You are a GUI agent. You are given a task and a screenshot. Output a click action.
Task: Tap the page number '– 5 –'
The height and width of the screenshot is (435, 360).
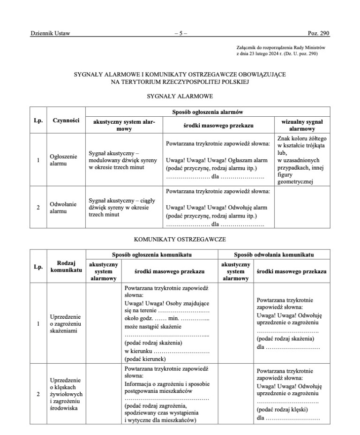tap(180, 34)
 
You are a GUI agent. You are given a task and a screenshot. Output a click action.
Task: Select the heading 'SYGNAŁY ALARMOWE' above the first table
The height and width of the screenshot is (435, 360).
tap(180, 96)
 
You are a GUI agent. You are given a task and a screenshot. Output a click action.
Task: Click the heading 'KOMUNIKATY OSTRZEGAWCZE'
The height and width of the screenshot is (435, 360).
tap(180, 239)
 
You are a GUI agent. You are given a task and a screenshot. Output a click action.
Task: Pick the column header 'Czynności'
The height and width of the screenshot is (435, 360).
tap(66, 121)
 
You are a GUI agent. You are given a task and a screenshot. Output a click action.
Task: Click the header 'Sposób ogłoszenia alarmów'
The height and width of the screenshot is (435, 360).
tap(207, 112)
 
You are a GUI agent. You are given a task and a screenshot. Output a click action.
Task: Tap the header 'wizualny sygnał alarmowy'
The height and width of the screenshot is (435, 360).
tap(302, 125)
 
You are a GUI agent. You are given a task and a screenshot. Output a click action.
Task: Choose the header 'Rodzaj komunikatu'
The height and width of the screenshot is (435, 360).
tap(66, 267)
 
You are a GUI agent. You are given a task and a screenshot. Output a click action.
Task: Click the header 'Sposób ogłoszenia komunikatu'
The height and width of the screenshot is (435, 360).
tap(152, 255)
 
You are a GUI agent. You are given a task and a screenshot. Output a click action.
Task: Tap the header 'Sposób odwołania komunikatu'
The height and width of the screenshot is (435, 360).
tap(274, 255)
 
